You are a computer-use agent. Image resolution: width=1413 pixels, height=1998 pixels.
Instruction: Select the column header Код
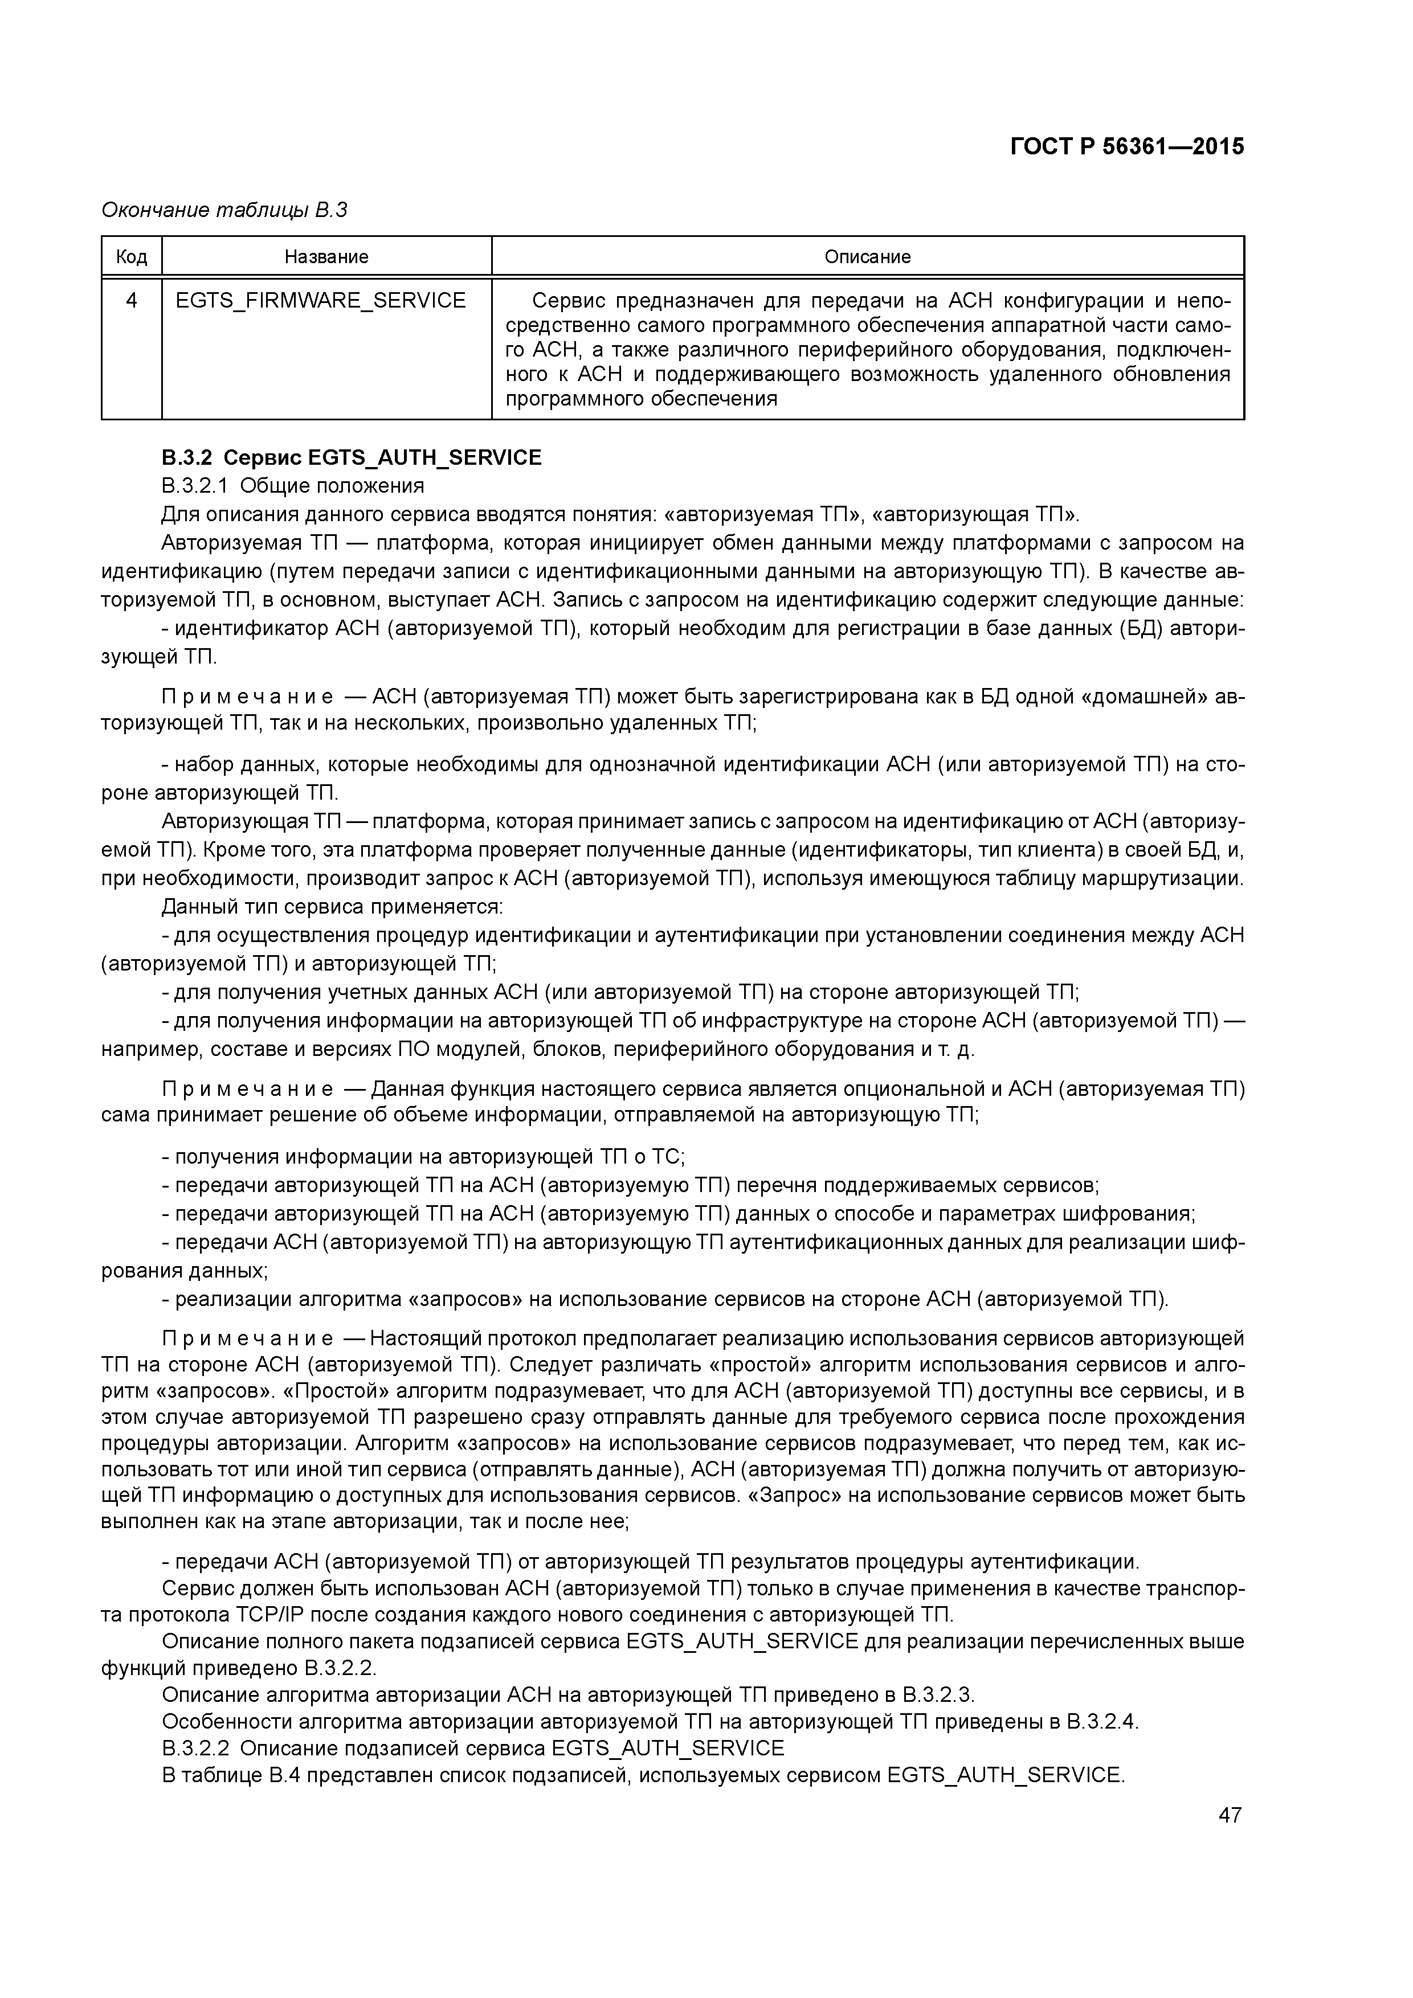point(132,257)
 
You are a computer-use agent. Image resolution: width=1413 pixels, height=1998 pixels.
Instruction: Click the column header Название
point(326,257)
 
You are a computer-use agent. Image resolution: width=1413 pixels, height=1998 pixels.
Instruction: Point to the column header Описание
point(867,257)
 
